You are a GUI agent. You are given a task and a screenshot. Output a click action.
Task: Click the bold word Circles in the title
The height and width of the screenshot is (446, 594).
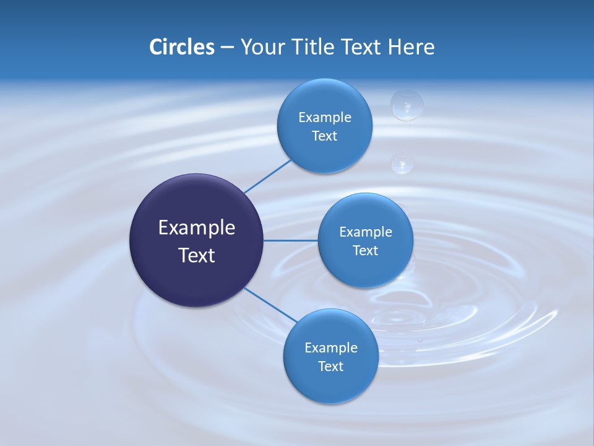point(181,47)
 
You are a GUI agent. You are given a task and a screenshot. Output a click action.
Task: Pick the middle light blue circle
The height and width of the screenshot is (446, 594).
point(365,266)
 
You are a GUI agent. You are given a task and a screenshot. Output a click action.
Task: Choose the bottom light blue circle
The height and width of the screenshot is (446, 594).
point(330,384)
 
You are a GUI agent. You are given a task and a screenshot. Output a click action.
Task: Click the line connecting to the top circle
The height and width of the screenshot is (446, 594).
point(267,176)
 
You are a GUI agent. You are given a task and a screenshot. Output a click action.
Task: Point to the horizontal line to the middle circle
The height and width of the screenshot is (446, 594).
point(290,240)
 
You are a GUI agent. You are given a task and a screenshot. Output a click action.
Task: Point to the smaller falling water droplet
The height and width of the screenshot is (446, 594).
point(402,163)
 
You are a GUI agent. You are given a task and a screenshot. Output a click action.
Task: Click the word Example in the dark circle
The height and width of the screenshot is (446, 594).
point(196,228)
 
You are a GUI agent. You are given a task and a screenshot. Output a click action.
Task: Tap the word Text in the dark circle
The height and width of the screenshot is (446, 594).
point(196,255)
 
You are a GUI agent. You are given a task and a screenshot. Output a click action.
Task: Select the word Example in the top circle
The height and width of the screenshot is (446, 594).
point(324,117)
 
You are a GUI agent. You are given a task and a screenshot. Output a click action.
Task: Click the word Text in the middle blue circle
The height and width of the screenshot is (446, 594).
point(365,250)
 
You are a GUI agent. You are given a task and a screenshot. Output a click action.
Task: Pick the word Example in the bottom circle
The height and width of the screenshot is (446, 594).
point(330,348)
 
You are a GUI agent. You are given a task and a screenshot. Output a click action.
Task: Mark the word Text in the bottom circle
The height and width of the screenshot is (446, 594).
point(330,366)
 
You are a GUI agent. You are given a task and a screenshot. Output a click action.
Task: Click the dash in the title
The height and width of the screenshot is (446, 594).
point(227,47)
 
